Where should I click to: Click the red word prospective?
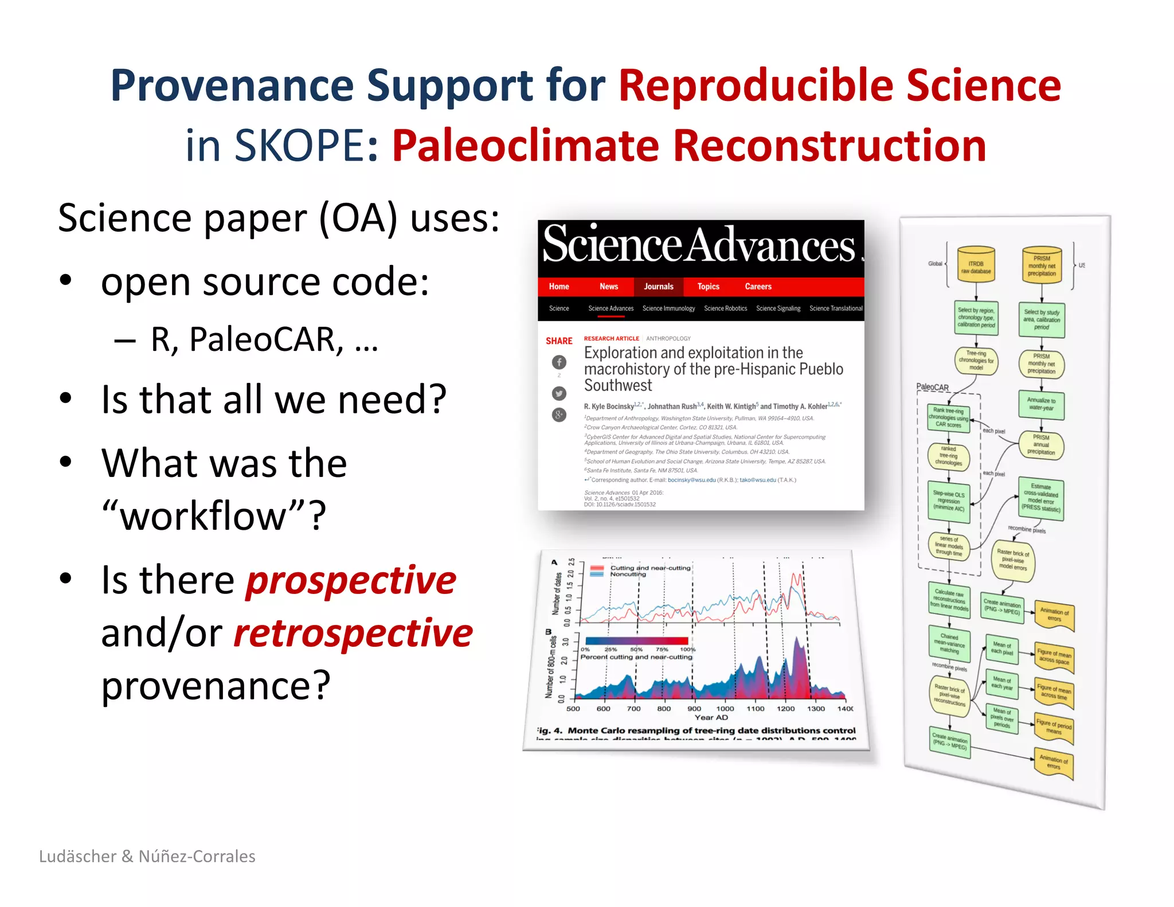pyautogui.click(x=351, y=580)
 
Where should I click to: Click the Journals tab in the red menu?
pyautogui.click(x=658, y=287)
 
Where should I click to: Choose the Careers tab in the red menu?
pyautogui.click(x=758, y=287)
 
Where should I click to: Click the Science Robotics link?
pyautogui.click(x=725, y=308)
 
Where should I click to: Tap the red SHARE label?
pyautogui.click(x=559, y=341)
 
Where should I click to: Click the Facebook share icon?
pyautogui.click(x=559, y=362)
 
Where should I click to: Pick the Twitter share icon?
pyautogui.click(x=559, y=393)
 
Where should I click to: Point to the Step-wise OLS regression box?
pyautogui.click(x=949, y=501)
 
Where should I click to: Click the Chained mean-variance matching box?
pyautogui.click(x=949, y=643)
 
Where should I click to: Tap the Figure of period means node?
pyautogui.click(x=1054, y=728)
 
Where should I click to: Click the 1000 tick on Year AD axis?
pyautogui.click(x=725, y=709)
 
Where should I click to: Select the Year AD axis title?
pyautogui.click(x=711, y=718)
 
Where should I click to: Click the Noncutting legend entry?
pyautogui.click(x=627, y=574)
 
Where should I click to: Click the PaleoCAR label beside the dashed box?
pyautogui.click(x=932, y=387)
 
